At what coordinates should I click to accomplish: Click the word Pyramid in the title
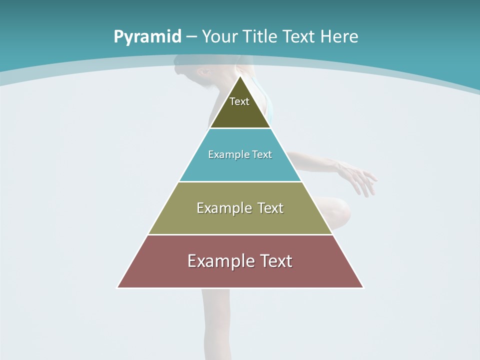(146, 37)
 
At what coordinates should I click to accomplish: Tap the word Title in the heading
(260, 37)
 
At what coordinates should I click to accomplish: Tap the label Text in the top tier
(239, 101)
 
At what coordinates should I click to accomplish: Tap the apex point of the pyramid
(240, 77)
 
